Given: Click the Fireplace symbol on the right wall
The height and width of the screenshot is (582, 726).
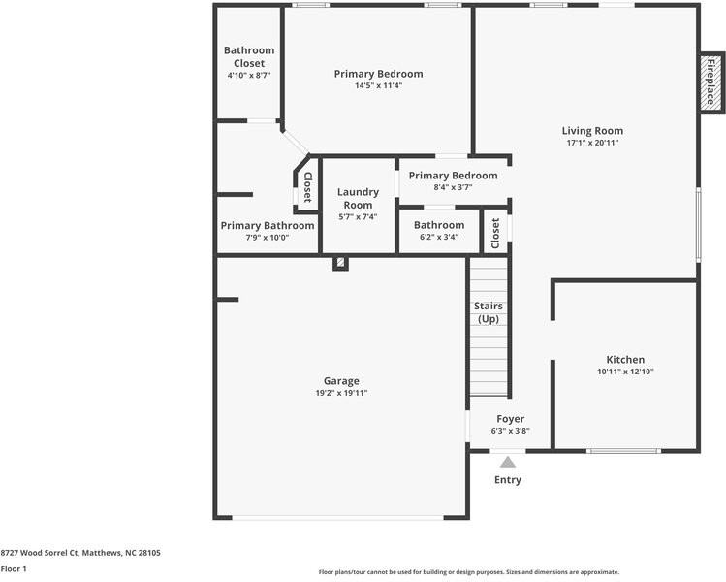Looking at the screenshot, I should pyautogui.click(x=710, y=81).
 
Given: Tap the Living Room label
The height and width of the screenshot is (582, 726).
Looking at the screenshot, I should pyautogui.click(x=592, y=131).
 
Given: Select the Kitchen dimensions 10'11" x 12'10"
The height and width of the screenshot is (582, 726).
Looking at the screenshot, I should pyautogui.click(x=625, y=372).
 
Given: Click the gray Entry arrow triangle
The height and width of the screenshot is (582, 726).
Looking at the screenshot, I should pyautogui.click(x=508, y=463).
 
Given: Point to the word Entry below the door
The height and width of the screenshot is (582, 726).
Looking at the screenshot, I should pyautogui.click(x=508, y=480).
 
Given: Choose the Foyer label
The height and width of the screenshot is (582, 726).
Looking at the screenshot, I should pyautogui.click(x=510, y=419).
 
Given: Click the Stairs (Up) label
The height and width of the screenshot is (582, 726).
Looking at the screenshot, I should pyautogui.click(x=488, y=312).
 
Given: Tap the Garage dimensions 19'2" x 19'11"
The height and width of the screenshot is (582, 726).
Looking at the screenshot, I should pyautogui.click(x=341, y=393).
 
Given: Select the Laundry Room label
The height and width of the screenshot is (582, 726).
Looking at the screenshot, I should pyautogui.click(x=358, y=198).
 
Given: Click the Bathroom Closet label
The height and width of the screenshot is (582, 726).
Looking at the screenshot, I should pyautogui.click(x=249, y=56).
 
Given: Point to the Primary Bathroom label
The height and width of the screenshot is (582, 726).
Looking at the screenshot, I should pyautogui.click(x=268, y=226).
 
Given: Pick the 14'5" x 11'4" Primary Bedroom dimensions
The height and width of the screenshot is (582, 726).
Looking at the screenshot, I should pyautogui.click(x=378, y=85).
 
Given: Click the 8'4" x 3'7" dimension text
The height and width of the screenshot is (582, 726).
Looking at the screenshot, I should pyautogui.click(x=453, y=187).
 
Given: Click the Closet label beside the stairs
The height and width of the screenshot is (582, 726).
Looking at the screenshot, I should pyautogui.click(x=495, y=233).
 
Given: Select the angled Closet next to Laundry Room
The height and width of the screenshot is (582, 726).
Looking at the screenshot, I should pyautogui.click(x=307, y=186).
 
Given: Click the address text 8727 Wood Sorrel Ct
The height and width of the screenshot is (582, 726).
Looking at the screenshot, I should pyautogui.click(x=80, y=553).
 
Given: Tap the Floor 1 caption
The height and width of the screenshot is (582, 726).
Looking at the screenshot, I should pyautogui.click(x=14, y=569).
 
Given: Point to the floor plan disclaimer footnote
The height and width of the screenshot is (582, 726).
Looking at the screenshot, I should pyautogui.click(x=468, y=572).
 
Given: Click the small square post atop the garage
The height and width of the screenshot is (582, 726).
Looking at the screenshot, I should pyautogui.click(x=340, y=263).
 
